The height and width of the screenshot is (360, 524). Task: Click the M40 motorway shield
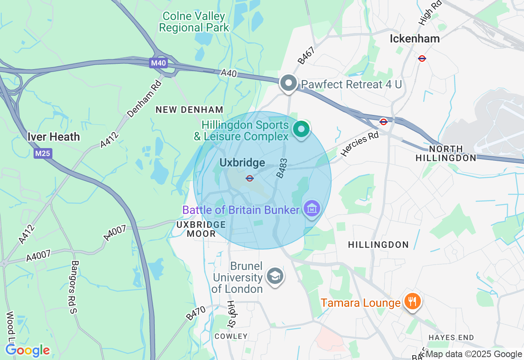158,63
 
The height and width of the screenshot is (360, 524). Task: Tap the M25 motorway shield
43,153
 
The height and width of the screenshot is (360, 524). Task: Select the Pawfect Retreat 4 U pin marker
289,83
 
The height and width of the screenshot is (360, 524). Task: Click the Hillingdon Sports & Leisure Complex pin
302,130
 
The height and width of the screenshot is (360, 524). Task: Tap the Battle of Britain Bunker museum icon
312,209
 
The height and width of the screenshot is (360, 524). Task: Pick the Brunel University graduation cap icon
275,276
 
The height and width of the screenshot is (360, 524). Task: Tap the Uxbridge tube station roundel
250,178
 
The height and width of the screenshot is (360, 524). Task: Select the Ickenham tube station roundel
422,58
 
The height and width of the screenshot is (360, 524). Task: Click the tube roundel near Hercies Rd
384,122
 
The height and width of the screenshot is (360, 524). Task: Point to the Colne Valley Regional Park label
194,22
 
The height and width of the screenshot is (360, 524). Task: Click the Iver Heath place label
54,137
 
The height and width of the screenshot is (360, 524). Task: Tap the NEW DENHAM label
190,110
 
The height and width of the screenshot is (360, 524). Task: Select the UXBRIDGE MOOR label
201,229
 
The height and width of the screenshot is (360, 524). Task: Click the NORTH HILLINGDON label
446,153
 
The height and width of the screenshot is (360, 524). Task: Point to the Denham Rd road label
145,99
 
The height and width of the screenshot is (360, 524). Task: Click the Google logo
28,351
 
